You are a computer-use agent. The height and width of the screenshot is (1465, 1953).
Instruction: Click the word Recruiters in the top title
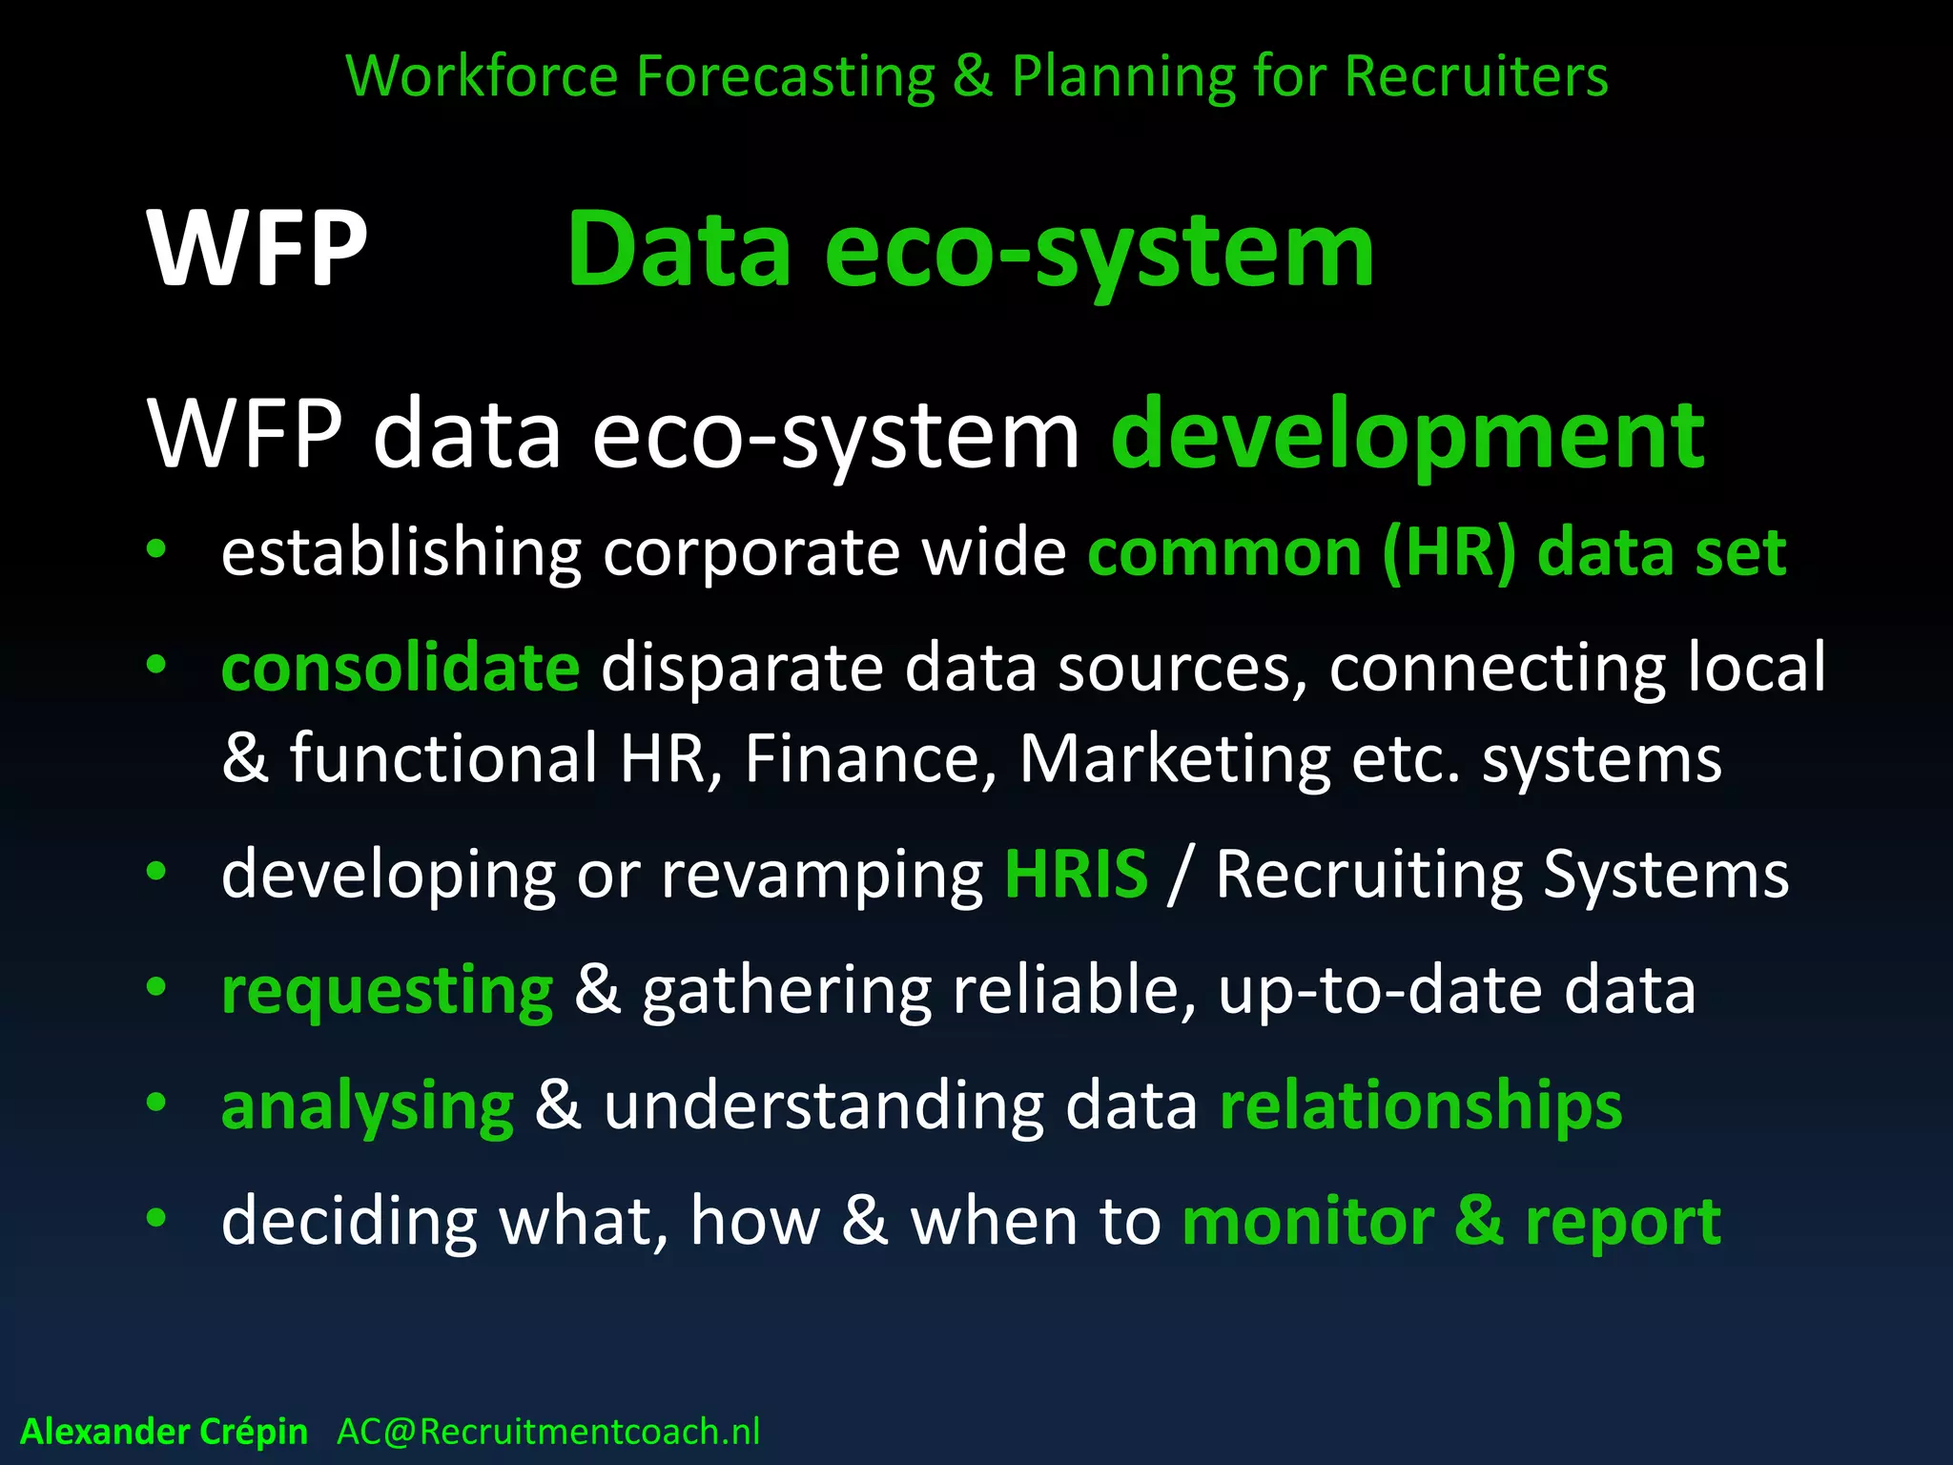pos(1476,76)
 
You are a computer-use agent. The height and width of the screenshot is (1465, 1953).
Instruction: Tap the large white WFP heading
pos(257,249)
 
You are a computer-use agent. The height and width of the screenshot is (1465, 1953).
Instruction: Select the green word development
pos(1408,435)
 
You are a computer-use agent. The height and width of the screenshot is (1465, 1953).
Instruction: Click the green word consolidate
pos(401,667)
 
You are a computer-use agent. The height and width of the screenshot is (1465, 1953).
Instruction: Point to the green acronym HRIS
pos(1076,874)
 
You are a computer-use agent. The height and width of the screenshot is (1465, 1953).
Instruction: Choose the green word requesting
pos(387,990)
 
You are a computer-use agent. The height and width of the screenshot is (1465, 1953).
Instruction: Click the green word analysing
pos(368,1106)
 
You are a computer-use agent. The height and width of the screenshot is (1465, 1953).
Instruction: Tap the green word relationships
pos(1421,1105)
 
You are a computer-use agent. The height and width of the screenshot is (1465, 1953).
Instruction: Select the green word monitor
pos(1307,1222)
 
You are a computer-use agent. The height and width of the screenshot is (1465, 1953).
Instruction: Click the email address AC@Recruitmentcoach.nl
pos(548,1432)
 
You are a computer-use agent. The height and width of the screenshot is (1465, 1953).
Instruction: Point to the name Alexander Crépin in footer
pos(164,1432)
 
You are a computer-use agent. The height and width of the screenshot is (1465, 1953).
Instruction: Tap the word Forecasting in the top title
pos(786,76)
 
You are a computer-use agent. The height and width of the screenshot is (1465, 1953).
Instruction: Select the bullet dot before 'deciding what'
pos(156,1218)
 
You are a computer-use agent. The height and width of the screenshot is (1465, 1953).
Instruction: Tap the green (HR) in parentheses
pos(1449,553)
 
